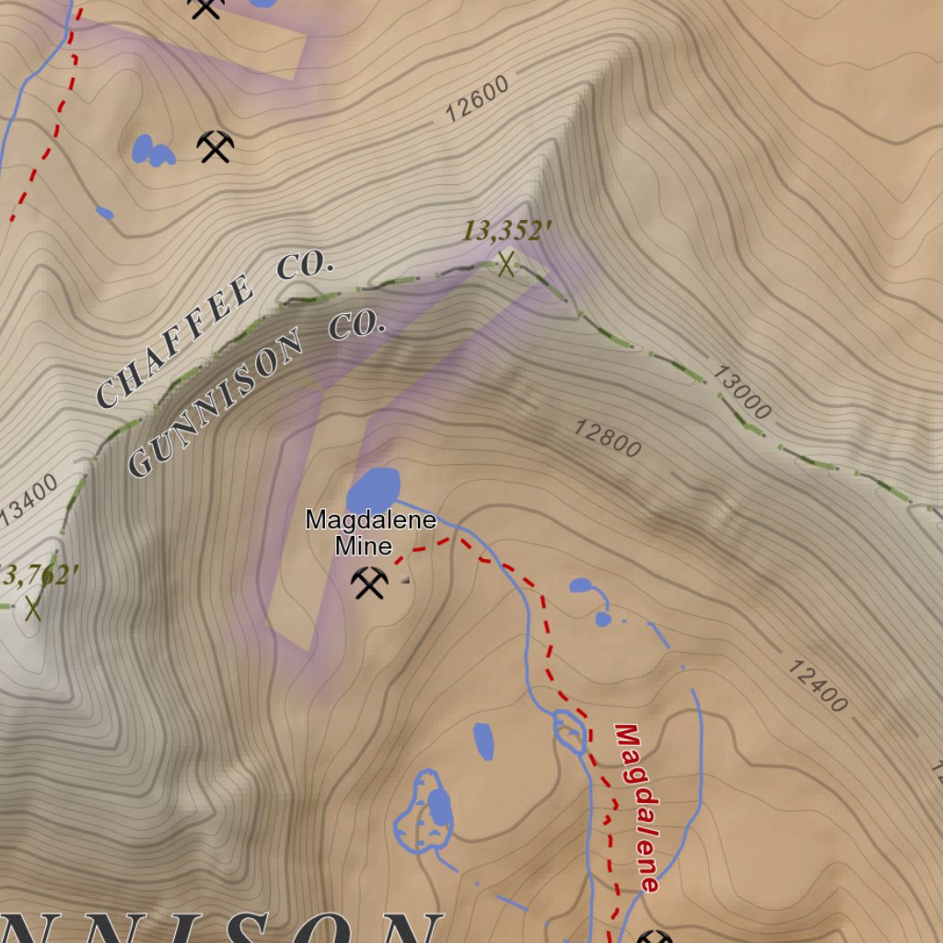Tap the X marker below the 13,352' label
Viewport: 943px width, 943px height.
pyautogui.click(x=506, y=265)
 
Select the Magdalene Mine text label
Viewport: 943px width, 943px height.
pyautogui.click(x=370, y=532)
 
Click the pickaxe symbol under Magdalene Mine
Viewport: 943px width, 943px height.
pyautogui.click(x=369, y=583)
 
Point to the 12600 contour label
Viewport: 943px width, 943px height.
pyautogui.click(x=476, y=99)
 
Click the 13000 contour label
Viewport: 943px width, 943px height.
pyautogui.click(x=741, y=392)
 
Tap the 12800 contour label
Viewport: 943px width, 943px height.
pyautogui.click(x=607, y=438)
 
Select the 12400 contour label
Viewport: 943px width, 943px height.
pyautogui.click(x=817, y=685)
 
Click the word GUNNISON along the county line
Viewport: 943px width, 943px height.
pyautogui.click(x=216, y=406)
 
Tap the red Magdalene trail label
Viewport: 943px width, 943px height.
pyautogui.click(x=637, y=808)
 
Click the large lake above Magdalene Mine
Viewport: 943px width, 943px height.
pyautogui.click(x=374, y=488)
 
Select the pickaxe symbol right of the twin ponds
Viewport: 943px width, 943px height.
pyautogui.click(x=215, y=146)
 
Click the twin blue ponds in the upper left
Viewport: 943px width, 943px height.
pyautogui.click(x=153, y=150)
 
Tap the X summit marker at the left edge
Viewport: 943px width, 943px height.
pyautogui.click(x=34, y=608)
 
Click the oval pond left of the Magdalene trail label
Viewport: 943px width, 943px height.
pyautogui.click(x=483, y=740)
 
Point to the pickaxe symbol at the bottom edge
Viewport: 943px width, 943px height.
pyautogui.click(x=654, y=937)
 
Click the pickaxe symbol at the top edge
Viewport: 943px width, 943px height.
pyautogui.click(x=205, y=7)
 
